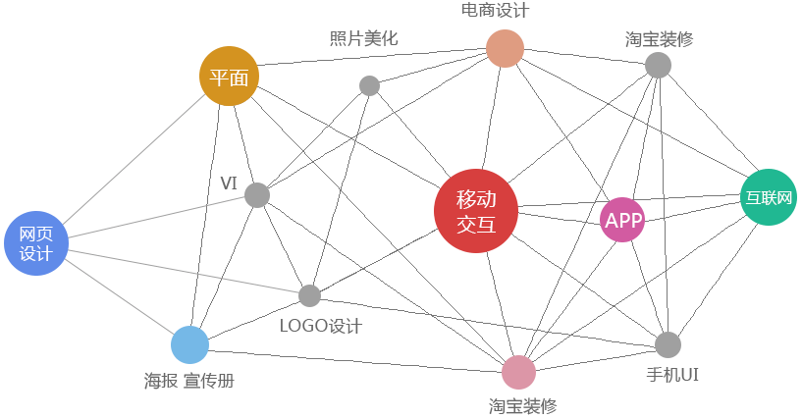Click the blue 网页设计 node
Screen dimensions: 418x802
[x=35, y=242]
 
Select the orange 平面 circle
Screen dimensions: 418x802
[x=229, y=76]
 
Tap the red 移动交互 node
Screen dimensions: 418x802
[x=475, y=211]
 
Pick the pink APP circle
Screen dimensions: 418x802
[x=622, y=220]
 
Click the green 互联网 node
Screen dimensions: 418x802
[x=768, y=197]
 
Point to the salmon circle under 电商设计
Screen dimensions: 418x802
[x=505, y=48]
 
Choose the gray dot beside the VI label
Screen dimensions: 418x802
[x=256, y=195]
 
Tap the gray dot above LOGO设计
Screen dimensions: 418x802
[x=309, y=295]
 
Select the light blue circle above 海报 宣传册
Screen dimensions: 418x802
[x=189, y=344]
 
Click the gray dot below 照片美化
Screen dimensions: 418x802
[x=369, y=85]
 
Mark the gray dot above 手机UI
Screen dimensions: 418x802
[x=668, y=344]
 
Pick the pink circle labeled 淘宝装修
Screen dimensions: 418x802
[x=518, y=373]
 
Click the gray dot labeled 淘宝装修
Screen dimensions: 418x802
[x=658, y=65]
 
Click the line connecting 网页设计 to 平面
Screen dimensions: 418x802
[x=133, y=158]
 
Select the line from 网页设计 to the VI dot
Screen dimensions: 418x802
[x=157, y=217]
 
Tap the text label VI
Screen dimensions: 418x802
[x=229, y=183]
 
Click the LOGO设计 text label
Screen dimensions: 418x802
[x=321, y=326]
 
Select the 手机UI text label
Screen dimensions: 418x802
[x=671, y=375]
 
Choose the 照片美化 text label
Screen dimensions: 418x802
[x=363, y=39]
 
